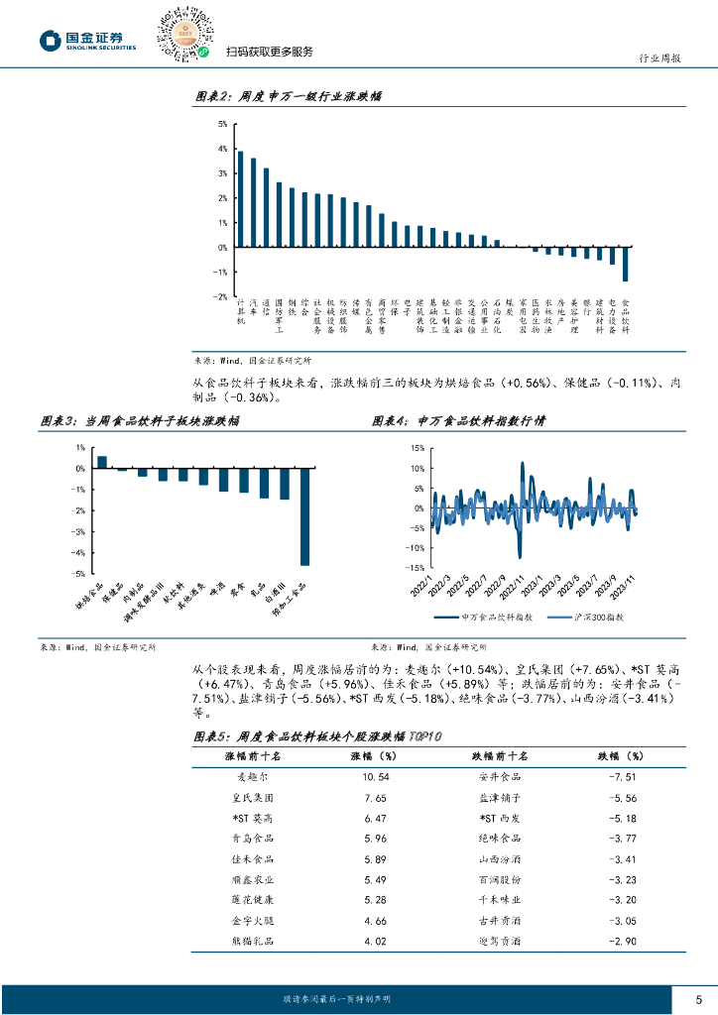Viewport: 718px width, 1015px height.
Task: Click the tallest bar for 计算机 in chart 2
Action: pos(240,198)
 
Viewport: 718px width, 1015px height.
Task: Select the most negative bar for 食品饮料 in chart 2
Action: pos(625,264)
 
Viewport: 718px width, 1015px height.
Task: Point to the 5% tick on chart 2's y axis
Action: pos(222,124)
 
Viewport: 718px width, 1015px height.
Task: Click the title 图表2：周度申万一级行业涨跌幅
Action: pos(287,96)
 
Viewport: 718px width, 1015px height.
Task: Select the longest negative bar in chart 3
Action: pos(304,516)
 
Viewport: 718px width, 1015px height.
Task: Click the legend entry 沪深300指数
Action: pos(583,618)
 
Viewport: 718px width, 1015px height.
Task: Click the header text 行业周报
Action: pos(657,58)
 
